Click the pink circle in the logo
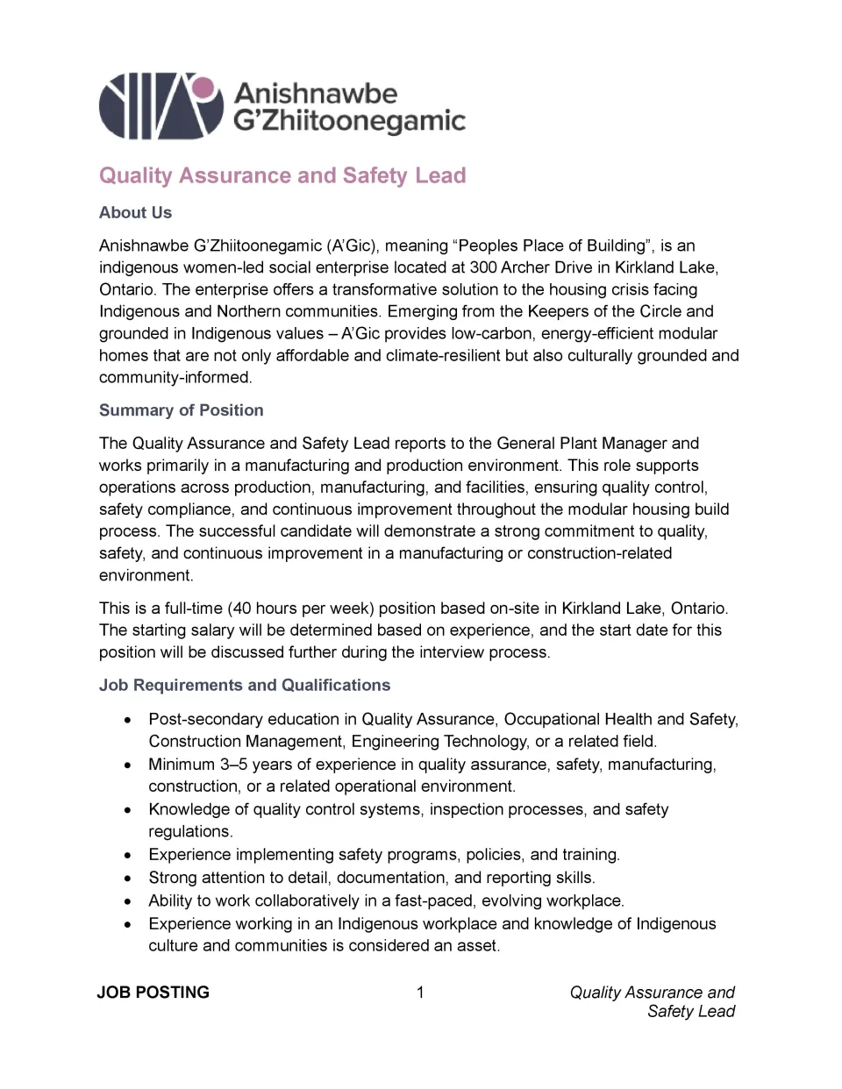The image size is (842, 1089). (203, 88)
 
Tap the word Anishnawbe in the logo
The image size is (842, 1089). (316, 93)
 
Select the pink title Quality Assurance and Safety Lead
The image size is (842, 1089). (282, 175)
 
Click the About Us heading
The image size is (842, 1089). (135, 213)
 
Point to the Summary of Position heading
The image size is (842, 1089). (181, 410)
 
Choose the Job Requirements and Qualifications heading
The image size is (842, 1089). (244, 686)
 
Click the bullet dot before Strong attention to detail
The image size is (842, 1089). (128, 878)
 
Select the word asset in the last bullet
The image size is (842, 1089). (477, 946)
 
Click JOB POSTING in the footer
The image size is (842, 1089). (153, 993)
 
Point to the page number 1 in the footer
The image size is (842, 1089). (420, 993)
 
